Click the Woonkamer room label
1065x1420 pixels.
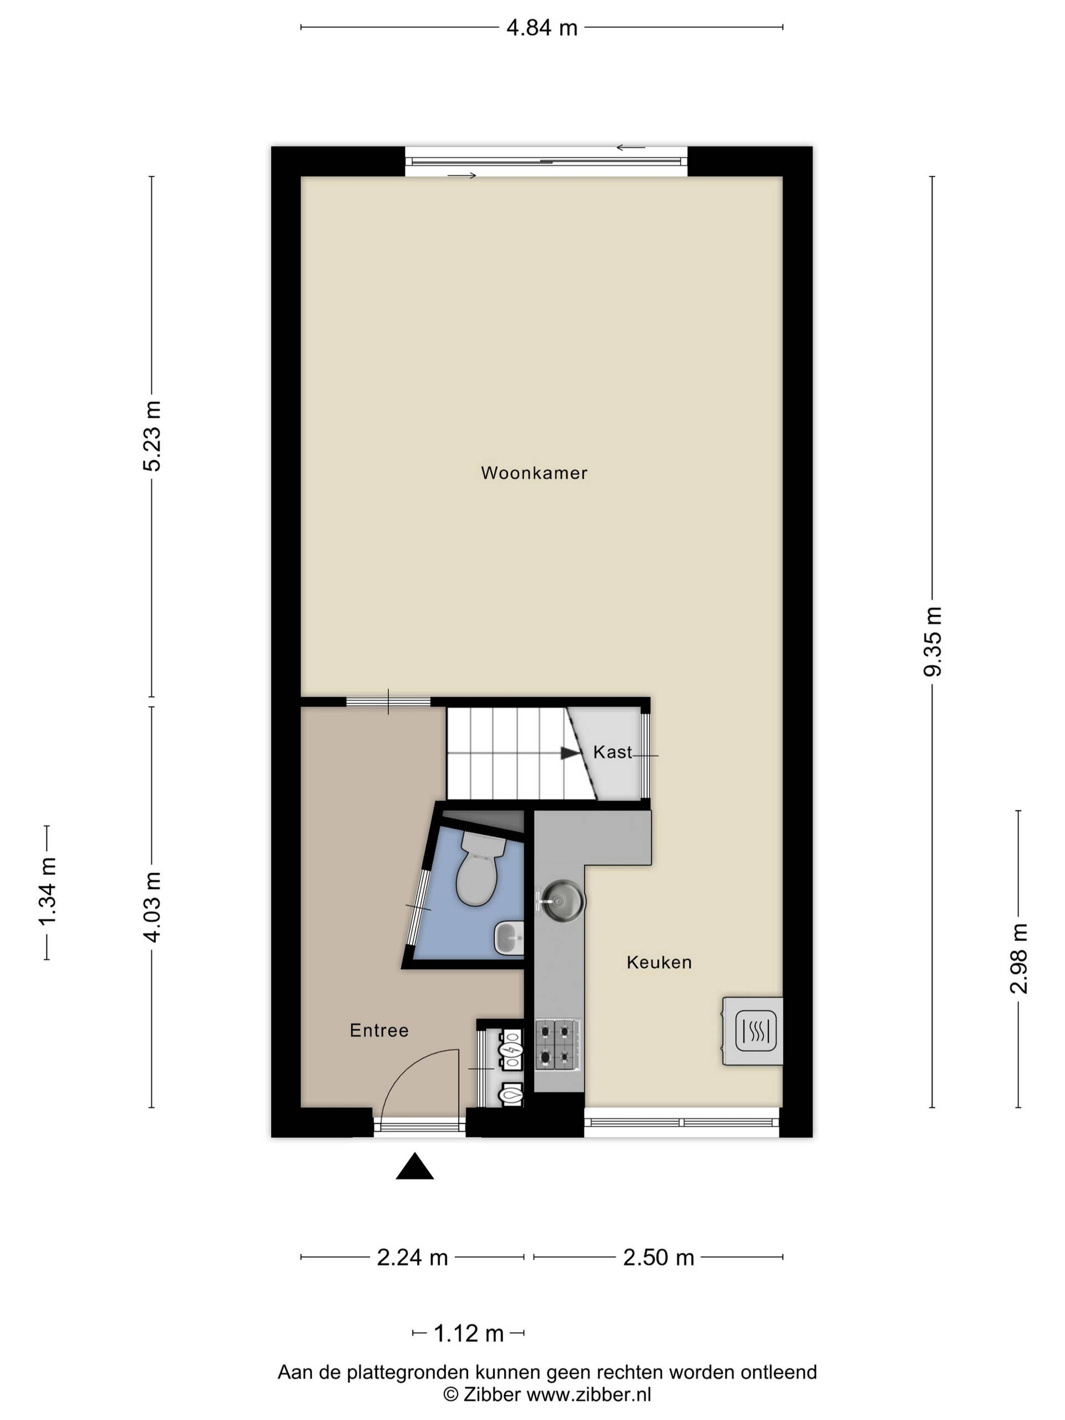(534, 473)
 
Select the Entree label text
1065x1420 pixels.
(379, 1031)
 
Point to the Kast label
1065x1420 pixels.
(612, 752)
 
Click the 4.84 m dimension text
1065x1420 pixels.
(542, 28)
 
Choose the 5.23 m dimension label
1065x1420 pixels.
(151, 436)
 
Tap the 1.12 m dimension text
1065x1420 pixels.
(469, 1333)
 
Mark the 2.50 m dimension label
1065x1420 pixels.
(658, 1257)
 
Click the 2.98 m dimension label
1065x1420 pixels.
(1019, 958)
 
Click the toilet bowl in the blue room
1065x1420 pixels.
(480, 869)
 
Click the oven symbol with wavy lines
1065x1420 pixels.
(755, 1031)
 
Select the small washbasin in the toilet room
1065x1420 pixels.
(509, 938)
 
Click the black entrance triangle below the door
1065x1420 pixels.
(415, 1166)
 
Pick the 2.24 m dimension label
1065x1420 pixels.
(412, 1257)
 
